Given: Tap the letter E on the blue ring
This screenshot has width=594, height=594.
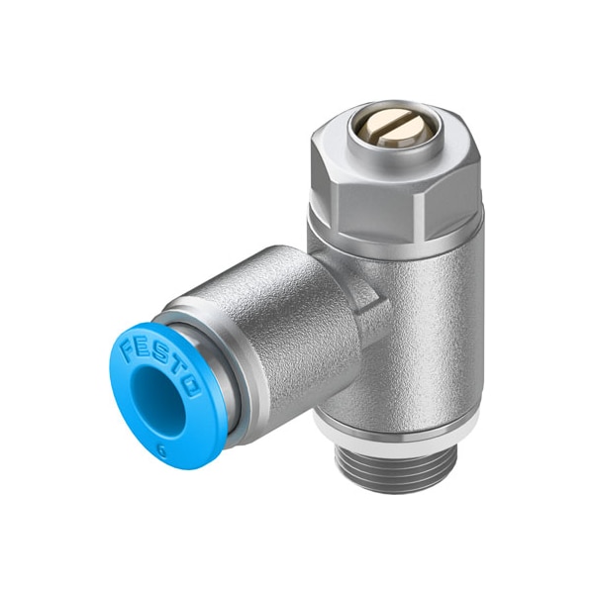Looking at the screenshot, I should point(143,347).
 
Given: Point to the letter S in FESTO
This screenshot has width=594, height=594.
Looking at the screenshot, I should point(159,353).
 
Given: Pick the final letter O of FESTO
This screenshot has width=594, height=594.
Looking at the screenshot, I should point(191,387).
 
